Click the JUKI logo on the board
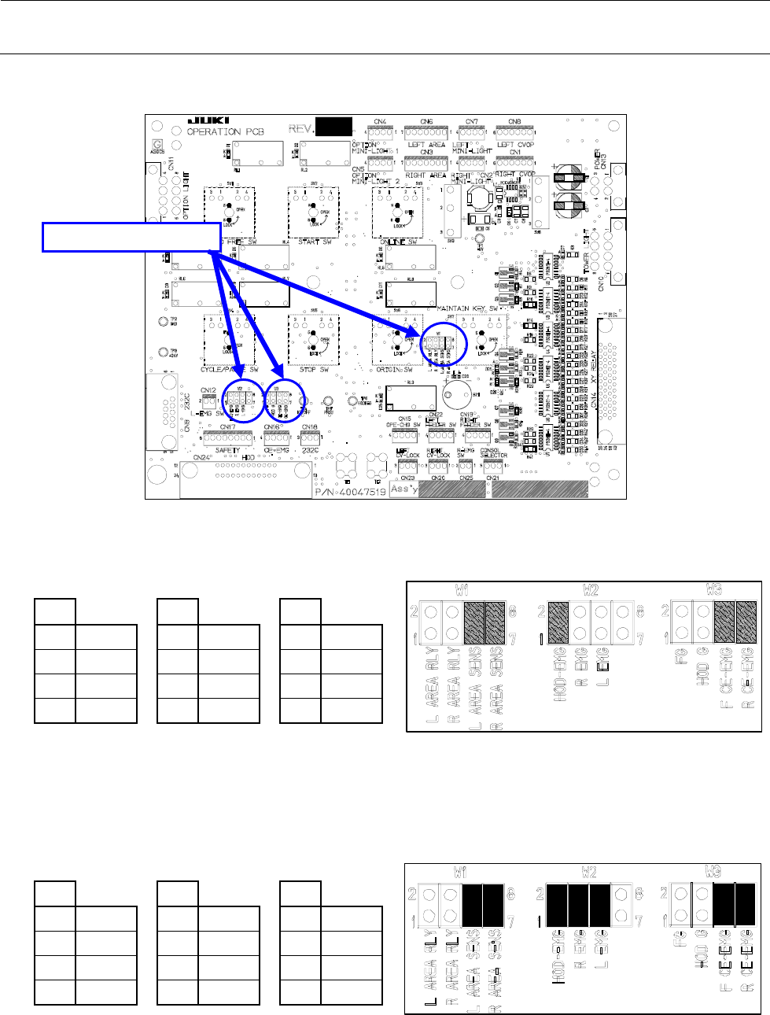pos(208,120)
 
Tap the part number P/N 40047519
pos(351,492)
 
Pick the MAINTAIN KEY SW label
pos(462,308)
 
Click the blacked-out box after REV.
pos(332,127)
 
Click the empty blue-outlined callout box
pos(131,237)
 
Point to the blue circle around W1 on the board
pos(243,400)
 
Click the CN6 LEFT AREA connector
pos(426,133)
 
